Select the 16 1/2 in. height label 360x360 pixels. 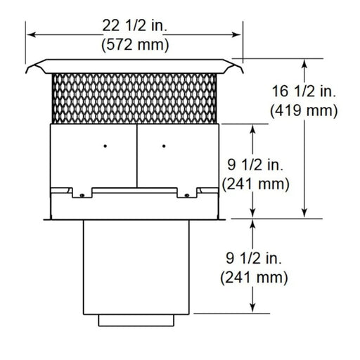(304, 91)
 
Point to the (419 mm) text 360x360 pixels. (304, 110)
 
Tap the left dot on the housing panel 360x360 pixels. (104, 146)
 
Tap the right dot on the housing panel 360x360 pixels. (163, 146)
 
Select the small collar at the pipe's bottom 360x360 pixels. (137, 321)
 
